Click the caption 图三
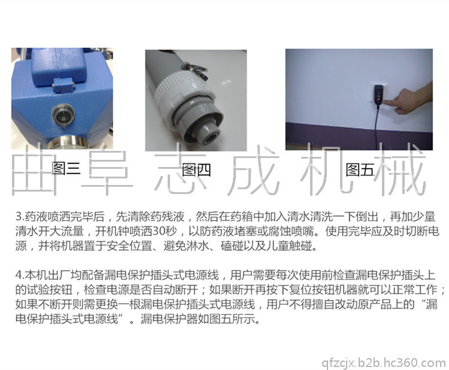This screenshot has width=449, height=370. [x=66, y=168]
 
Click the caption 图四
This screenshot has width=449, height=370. [x=196, y=170]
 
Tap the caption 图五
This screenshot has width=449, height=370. [x=360, y=170]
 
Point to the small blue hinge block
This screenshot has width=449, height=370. [x=62, y=85]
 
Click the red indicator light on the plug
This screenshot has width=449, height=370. [x=379, y=99]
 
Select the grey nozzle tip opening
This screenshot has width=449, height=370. [x=210, y=137]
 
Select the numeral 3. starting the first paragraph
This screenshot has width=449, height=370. [x=20, y=217]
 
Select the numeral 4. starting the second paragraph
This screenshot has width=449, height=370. [x=20, y=275]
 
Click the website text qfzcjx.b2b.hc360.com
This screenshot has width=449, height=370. [x=384, y=363]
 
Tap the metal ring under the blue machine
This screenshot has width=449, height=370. [x=69, y=143]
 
